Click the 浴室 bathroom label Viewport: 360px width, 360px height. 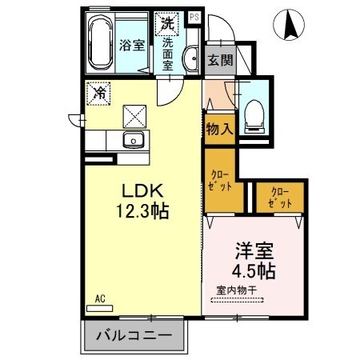tap(133, 45)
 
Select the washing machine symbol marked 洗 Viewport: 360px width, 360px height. tap(169, 22)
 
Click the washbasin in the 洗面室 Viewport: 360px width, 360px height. tap(191, 58)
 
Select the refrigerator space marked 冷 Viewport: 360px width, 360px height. tap(98, 92)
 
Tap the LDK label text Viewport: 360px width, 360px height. tap(142, 193)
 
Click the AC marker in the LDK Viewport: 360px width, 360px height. tap(101, 298)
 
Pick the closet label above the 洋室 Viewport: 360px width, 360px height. tap(279, 196)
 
